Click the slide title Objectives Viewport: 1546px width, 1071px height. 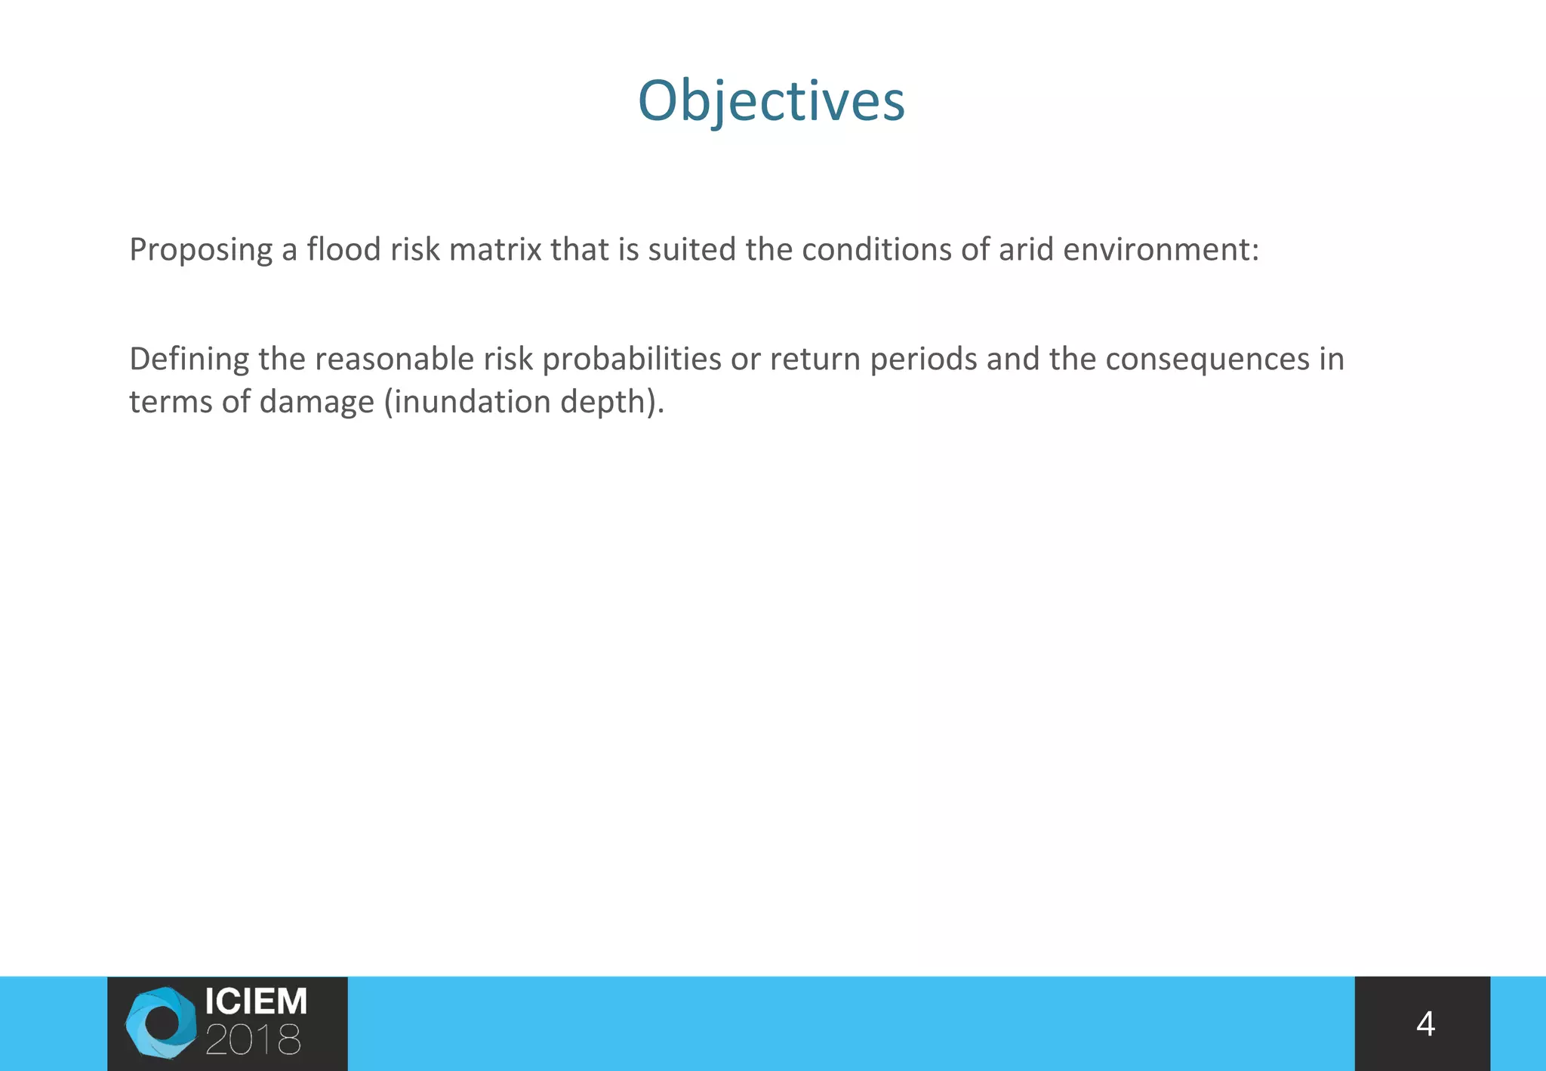[771, 100]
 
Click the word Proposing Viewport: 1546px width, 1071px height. [201, 250]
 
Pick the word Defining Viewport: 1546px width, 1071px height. [189, 359]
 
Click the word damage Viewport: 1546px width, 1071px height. [316, 402]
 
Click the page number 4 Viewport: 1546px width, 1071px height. [1424, 1024]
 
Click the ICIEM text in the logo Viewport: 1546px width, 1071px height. [256, 1002]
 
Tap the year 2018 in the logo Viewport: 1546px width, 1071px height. [253, 1041]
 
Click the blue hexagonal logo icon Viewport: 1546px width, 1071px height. [161, 1023]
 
